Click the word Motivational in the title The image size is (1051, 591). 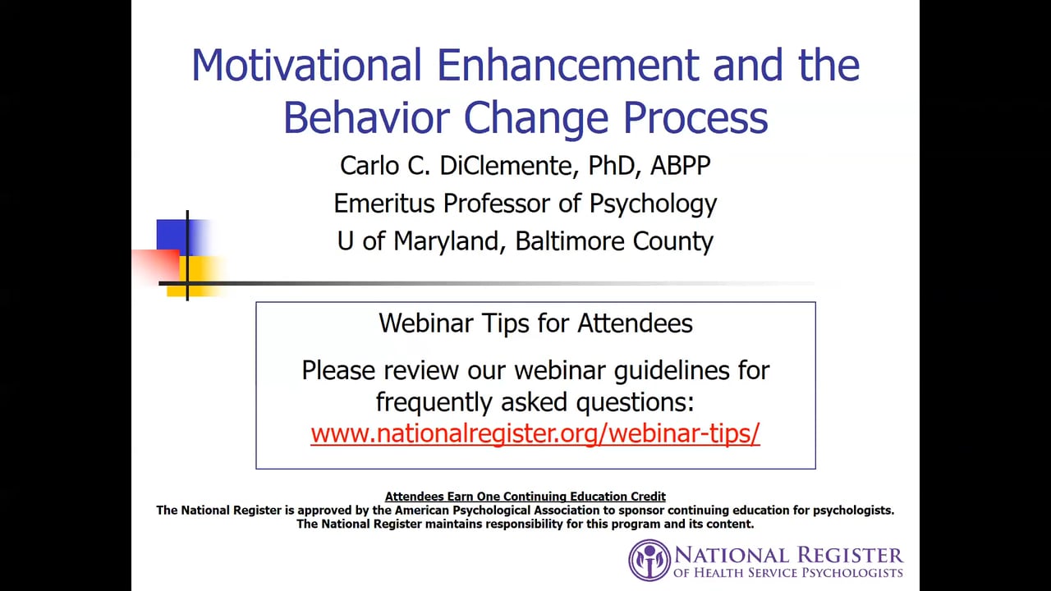tap(306, 65)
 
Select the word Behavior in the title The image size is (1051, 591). tap(366, 117)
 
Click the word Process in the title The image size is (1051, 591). tap(695, 118)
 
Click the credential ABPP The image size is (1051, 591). tap(680, 166)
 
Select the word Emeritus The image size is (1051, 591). tap(384, 204)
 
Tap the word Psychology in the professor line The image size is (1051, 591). tap(653, 204)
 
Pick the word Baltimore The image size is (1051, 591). tap(569, 241)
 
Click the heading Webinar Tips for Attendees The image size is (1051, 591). tap(535, 323)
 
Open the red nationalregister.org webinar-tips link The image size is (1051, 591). tap(535, 433)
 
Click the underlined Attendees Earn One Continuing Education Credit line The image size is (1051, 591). tap(525, 497)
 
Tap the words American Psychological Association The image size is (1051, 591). tap(498, 511)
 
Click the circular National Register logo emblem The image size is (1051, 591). tap(649, 561)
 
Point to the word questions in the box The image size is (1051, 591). tap(635, 402)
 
